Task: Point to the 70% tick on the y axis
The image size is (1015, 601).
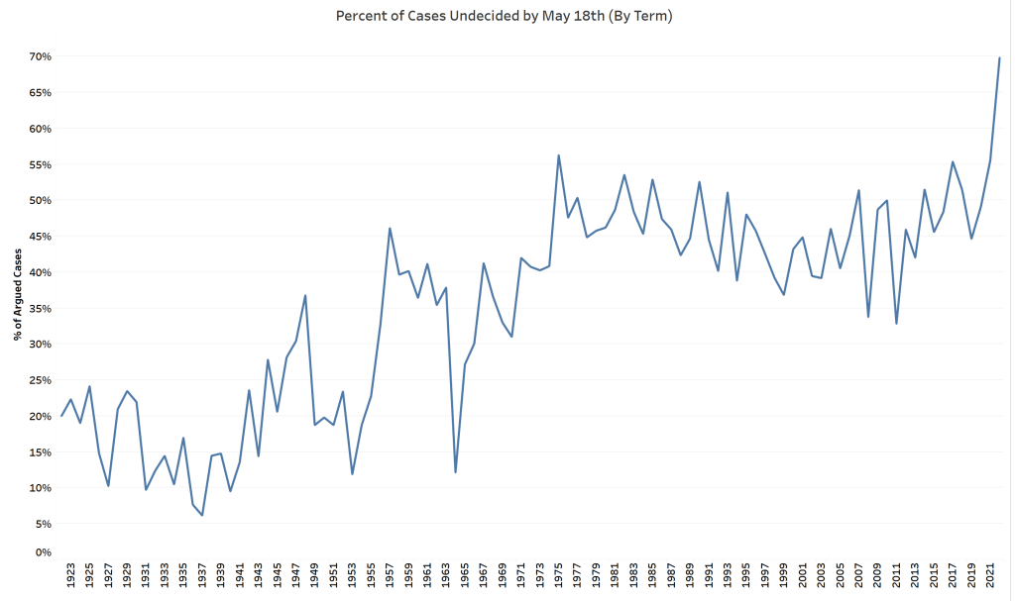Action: coord(39,56)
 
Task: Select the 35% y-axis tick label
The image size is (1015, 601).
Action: coord(39,308)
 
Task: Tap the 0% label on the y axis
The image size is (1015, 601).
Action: coord(42,551)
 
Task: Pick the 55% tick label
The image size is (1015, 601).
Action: coord(39,164)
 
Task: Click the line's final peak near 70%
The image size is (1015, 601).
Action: coord(999,57)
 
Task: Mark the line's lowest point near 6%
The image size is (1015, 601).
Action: coord(202,515)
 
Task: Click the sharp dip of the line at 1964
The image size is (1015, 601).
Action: coord(455,471)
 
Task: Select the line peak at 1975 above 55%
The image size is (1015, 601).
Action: coord(559,155)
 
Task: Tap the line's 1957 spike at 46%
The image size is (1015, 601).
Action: coord(390,229)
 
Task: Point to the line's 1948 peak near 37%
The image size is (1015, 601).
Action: coord(305,295)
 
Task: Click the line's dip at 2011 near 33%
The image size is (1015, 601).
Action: coord(896,324)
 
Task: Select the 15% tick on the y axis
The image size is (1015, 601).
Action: coord(39,451)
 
